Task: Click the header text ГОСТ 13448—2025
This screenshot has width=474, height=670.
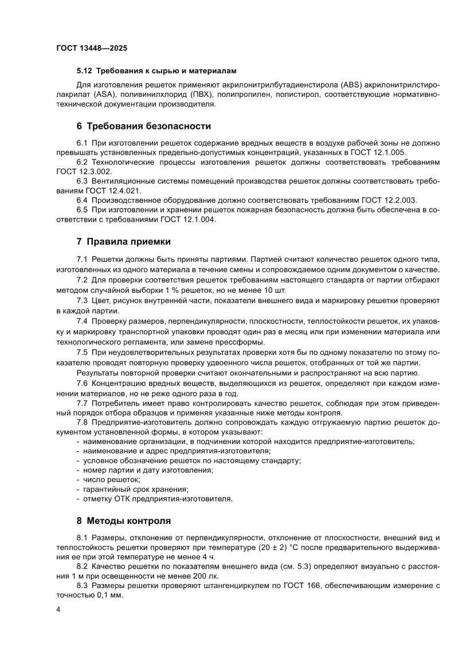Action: pyautogui.click(x=92, y=48)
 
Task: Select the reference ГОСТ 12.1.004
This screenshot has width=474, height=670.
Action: pyautogui.click(x=187, y=220)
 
